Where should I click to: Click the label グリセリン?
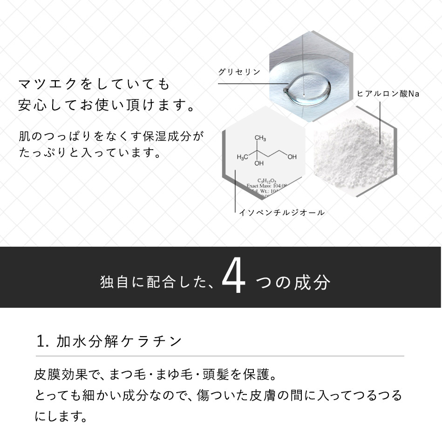point(239,72)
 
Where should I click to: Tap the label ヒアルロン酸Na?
point(388,94)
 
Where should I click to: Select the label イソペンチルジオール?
point(281,213)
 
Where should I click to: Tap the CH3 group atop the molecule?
point(260,138)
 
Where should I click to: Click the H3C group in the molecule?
point(242,157)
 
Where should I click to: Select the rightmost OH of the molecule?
point(292,157)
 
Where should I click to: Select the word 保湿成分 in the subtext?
point(166,136)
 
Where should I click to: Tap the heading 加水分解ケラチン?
point(119,341)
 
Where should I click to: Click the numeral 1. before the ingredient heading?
point(43,341)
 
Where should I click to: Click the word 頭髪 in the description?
point(221,375)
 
